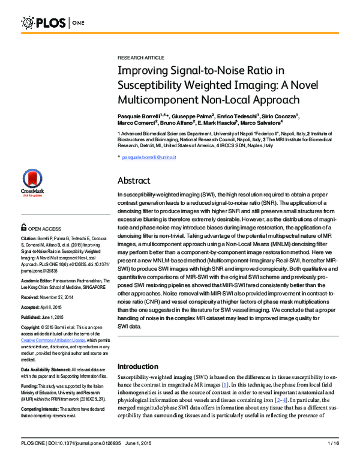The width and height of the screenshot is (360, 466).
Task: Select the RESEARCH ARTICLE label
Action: click(140, 57)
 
